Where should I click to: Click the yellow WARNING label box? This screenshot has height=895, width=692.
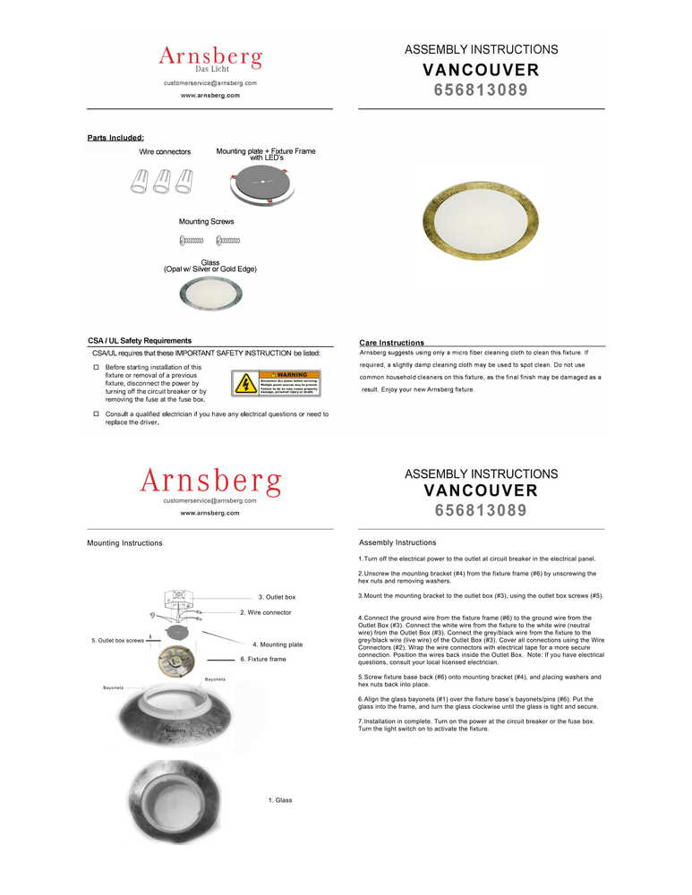[x=275, y=383]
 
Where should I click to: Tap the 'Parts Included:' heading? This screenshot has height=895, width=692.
[x=115, y=138]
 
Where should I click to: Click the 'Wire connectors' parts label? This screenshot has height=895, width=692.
[x=165, y=152]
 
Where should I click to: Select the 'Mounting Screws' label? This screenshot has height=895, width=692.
[x=207, y=221]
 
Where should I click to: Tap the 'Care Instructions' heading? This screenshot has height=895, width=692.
[x=391, y=343]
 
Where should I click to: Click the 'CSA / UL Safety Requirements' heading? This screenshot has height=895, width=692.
[x=140, y=341]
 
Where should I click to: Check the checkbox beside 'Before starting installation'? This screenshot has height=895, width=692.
[x=96, y=367]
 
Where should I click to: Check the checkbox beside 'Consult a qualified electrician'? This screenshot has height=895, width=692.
[x=96, y=414]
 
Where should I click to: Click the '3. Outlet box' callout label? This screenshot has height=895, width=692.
[x=277, y=597]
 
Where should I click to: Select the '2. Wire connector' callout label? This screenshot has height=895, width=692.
[x=265, y=613]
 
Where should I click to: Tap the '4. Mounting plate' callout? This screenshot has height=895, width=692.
[x=278, y=644]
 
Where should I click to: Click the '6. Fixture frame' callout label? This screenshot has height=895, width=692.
[x=263, y=660]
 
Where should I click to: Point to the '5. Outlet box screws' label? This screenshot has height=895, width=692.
[x=117, y=641]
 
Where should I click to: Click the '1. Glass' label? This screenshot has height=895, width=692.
[x=280, y=800]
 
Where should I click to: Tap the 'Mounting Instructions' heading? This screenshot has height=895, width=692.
[x=124, y=543]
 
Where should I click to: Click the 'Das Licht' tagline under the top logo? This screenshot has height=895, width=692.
[x=212, y=69]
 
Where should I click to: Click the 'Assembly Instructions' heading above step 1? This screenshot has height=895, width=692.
[x=397, y=542]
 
